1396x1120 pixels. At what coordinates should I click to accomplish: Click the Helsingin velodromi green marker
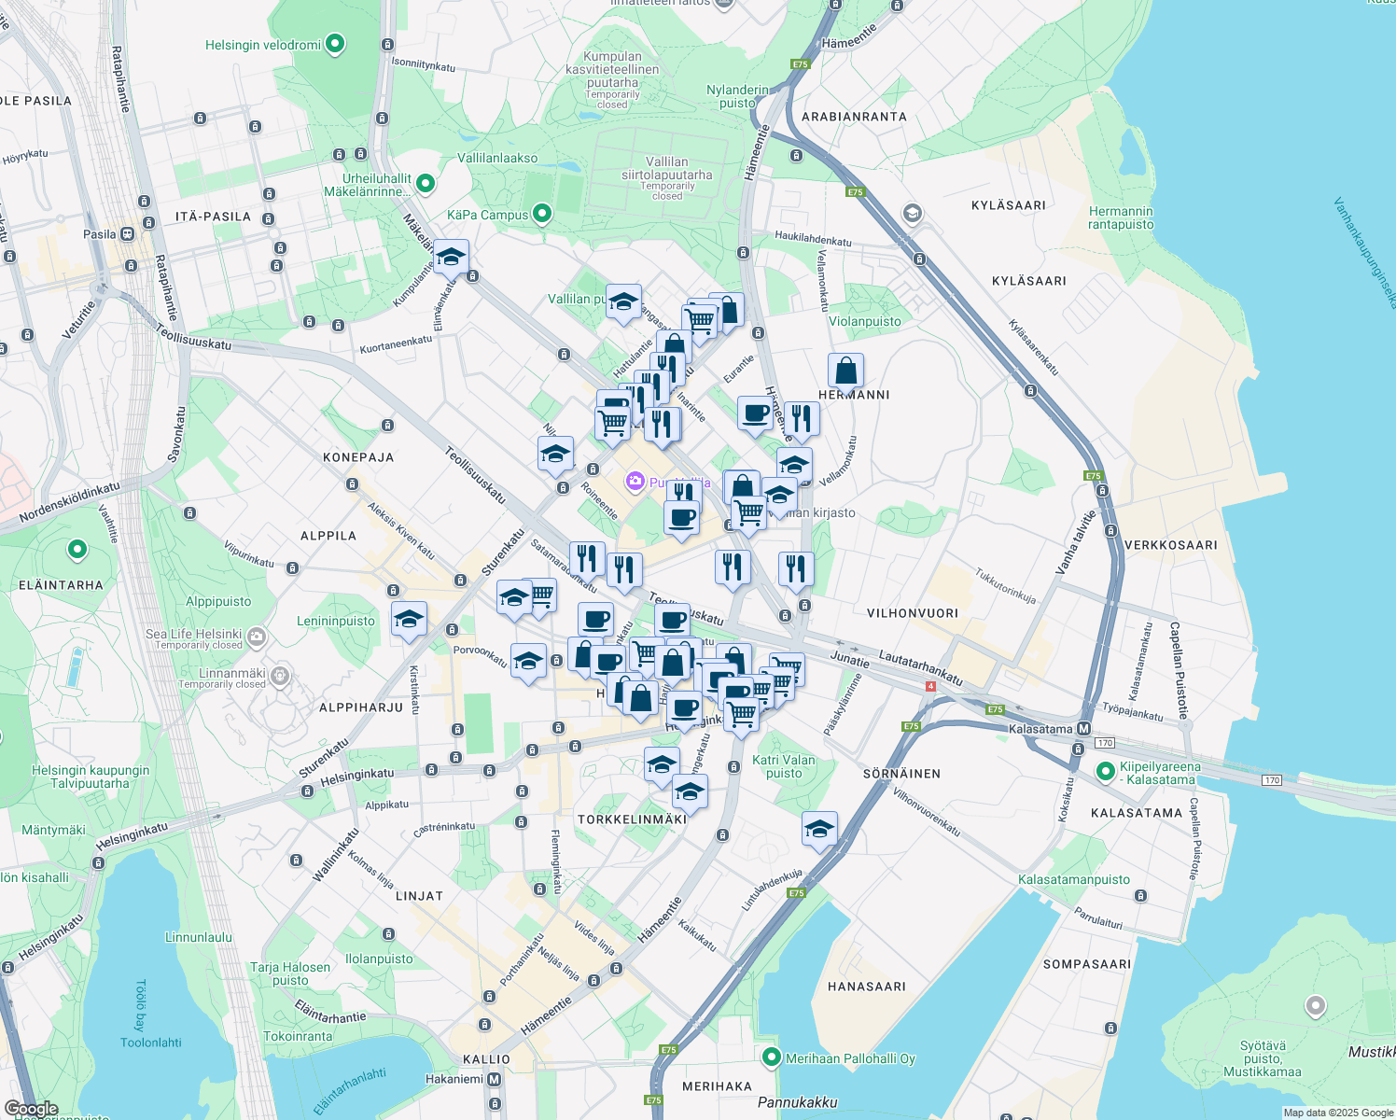(x=335, y=44)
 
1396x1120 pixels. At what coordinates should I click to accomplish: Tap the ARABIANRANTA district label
(x=854, y=117)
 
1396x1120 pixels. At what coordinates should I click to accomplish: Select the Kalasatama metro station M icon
(x=1083, y=729)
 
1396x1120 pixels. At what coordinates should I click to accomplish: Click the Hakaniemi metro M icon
(x=495, y=1079)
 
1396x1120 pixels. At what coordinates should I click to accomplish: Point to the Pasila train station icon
(x=126, y=234)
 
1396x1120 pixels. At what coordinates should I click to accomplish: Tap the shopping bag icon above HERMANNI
(x=845, y=371)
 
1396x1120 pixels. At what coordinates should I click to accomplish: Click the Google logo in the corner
(x=31, y=1109)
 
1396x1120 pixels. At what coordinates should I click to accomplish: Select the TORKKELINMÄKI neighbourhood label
(x=632, y=819)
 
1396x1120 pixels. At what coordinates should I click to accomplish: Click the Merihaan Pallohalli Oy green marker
(x=772, y=1057)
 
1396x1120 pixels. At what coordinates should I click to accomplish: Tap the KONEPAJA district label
(x=358, y=457)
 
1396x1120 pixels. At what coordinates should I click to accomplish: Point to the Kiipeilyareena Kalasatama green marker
(x=1106, y=771)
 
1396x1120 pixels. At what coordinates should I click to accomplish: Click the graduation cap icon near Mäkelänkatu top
(x=451, y=257)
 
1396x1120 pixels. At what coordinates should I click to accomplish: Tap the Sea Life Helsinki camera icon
(x=257, y=637)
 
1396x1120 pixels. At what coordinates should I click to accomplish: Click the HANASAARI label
(x=866, y=987)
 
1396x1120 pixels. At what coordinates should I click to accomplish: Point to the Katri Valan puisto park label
(x=784, y=766)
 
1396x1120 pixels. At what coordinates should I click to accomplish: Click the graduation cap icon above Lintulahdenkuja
(x=818, y=829)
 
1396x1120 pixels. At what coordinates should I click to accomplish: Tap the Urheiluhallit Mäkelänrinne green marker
(x=426, y=183)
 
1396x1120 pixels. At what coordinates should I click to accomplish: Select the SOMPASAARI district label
(x=1086, y=964)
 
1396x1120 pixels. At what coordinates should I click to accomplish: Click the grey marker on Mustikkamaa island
(x=1315, y=1006)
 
